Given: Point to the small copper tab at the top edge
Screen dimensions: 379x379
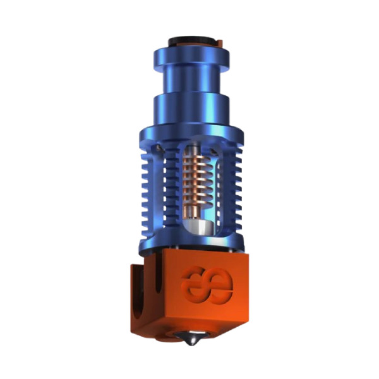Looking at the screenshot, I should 219,43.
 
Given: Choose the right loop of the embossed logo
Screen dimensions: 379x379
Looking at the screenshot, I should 220,287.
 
